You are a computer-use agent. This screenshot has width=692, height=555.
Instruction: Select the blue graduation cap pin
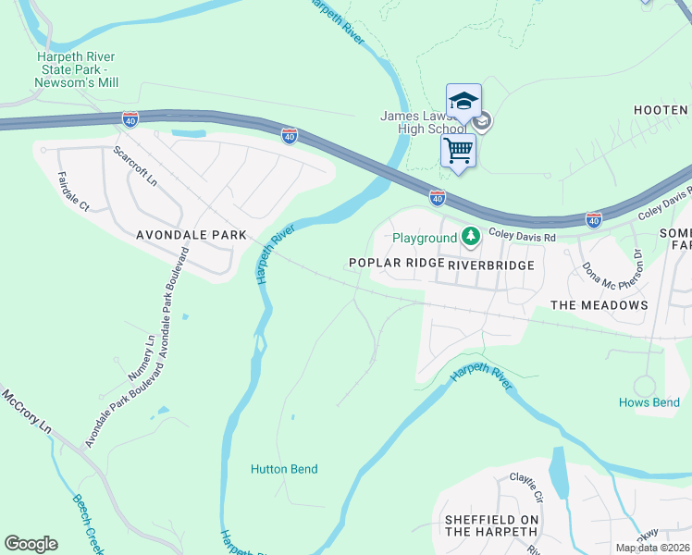pyautogui.click(x=463, y=101)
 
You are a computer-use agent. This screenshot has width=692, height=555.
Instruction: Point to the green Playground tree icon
pyautogui.click(x=471, y=238)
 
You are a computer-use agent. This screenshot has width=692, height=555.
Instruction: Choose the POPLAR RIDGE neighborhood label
pyautogui.click(x=396, y=264)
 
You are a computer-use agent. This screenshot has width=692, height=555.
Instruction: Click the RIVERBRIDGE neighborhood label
pyautogui.click(x=491, y=265)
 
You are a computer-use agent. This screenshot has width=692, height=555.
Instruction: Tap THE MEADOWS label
pyautogui.click(x=599, y=304)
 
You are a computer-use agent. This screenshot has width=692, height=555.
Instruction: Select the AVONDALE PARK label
pyautogui.click(x=191, y=235)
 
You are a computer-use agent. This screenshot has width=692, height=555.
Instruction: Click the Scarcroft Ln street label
pyautogui.click(x=135, y=166)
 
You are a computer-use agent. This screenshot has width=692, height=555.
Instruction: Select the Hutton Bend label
pyautogui.click(x=284, y=469)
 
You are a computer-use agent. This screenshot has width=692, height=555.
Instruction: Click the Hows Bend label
pyautogui.click(x=649, y=402)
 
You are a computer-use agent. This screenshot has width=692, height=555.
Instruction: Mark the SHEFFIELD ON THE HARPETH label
pyautogui.click(x=491, y=526)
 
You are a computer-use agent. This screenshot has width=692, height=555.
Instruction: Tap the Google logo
pyautogui.click(x=31, y=544)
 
